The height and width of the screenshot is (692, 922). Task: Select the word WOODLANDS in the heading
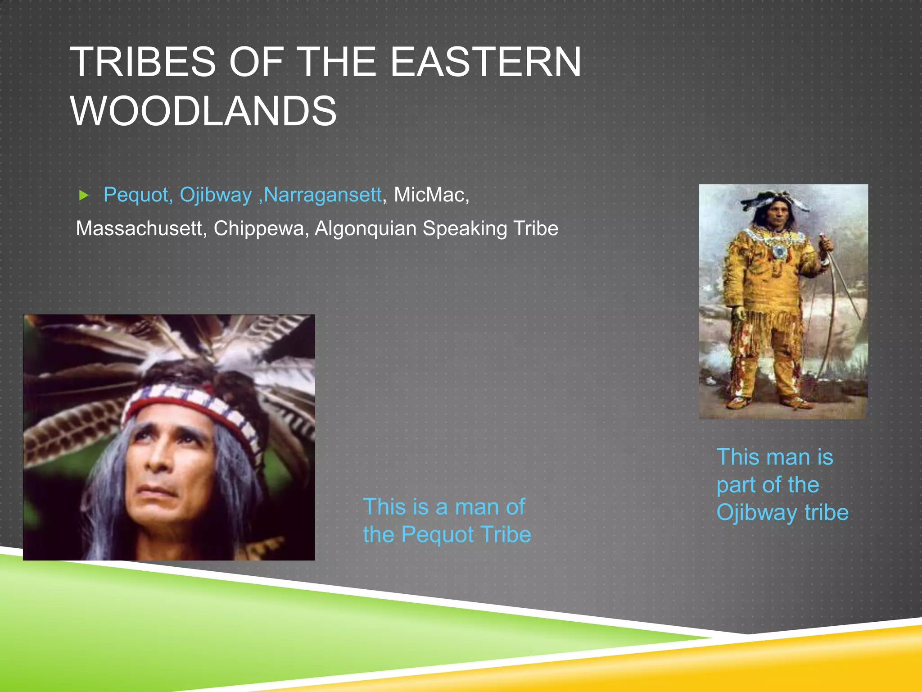[203, 111]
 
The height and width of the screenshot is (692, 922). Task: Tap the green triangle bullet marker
[84, 195]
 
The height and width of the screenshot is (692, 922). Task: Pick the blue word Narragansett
[322, 195]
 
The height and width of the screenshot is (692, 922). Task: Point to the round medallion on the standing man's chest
[778, 250]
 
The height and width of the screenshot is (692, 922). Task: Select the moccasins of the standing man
[765, 402]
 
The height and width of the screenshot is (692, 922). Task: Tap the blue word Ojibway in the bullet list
[215, 195]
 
